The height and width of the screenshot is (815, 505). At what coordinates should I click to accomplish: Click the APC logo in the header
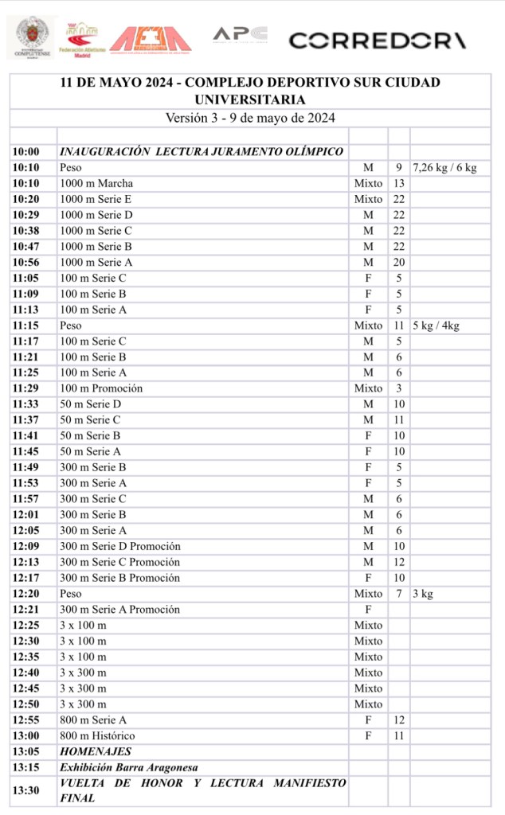tap(239, 35)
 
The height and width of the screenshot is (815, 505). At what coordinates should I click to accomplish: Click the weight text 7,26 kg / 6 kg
tap(444, 168)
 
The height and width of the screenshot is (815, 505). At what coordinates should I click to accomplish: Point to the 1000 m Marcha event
tap(96, 184)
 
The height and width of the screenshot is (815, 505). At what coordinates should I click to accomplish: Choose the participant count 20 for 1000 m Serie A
tap(399, 263)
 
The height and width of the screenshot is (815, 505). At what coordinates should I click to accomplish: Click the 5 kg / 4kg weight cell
tap(436, 326)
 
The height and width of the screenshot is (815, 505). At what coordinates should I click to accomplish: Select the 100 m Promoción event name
tap(101, 388)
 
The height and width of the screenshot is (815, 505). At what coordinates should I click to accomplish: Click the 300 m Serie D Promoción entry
tap(120, 546)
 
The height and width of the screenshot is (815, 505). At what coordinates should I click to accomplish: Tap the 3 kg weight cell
tap(423, 594)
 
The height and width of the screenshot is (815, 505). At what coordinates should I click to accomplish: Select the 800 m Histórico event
tap(97, 735)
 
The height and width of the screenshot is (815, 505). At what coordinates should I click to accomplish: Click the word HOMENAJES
tap(96, 751)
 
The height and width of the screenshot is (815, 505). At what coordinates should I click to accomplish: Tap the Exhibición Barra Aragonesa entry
tap(129, 767)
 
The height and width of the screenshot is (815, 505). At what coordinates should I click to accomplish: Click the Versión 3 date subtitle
tap(249, 118)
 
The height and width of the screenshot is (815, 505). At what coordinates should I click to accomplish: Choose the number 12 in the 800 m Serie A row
tap(399, 719)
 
